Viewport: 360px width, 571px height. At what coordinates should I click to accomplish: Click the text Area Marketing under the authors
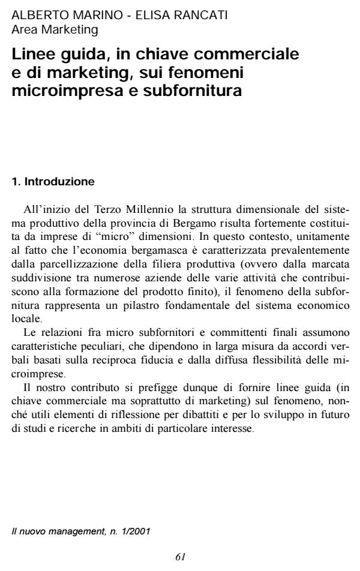(x=55, y=28)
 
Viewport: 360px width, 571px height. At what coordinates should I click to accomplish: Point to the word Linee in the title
(x=32, y=56)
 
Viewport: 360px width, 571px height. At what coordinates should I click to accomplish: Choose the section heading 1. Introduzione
(x=53, y=180)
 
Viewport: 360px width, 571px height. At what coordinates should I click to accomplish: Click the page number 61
(x=180, y=557)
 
